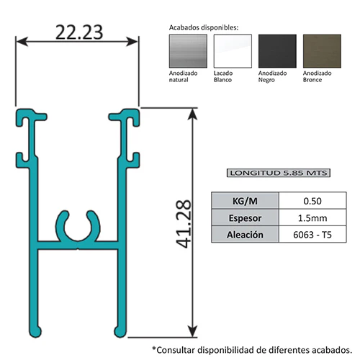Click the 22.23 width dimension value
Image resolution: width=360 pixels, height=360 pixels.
pyautogui.click(x=79, y=32)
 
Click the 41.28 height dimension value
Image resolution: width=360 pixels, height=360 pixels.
pyautogui.click(x=184, y=224)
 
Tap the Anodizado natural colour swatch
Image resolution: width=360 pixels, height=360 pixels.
pyautogui.click(x=188, y=51)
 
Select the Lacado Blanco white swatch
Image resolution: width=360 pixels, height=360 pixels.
pyautogui.click(x=233, y=51)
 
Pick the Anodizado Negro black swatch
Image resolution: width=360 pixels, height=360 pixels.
pyautogui.click(x=277, y=51)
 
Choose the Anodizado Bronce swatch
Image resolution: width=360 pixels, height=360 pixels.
pyautogui.click(x=322, y=51)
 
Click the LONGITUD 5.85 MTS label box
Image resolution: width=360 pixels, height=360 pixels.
pyautogui.click(x=279, y=173)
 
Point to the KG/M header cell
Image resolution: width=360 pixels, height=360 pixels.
pyautogui.click(x=245, y=201)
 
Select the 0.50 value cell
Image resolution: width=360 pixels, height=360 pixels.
pyautogui.click(x=312, y=201)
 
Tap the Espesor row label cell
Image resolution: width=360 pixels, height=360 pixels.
pyautogui.click(x=245, y=217)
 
